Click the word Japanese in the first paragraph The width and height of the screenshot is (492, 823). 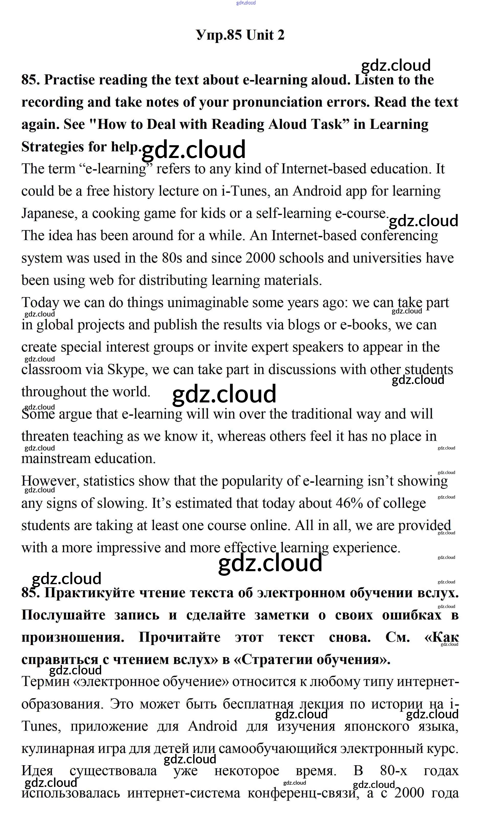(x=49, y=213)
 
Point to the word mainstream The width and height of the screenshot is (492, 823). (x=56, y=459)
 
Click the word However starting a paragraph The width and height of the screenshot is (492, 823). (x=50, y=481)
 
